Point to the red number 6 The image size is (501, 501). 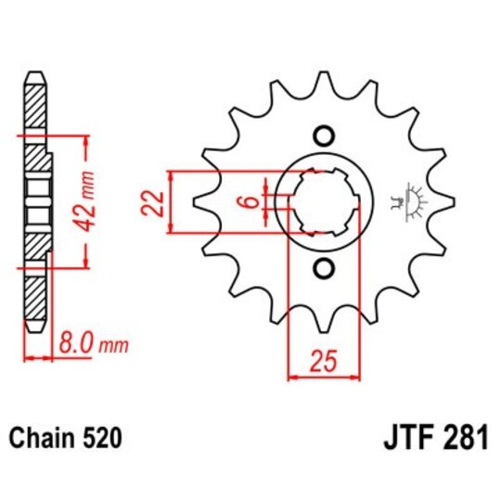click(x=250, y=201)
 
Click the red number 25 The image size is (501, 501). click(x=324, y=361)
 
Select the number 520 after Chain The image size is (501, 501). click(x=103, y=436)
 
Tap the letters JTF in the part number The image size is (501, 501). click(x=405, y=437)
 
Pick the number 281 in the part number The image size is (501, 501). click(x=463, y=437)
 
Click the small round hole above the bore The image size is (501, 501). click(x=323, y=135)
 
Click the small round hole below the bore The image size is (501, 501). click(x=323, y=269)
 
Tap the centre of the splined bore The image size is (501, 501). click(x=324, y=201)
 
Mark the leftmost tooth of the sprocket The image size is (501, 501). click(x=202, y=201)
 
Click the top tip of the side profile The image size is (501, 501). click(x=34, y=73)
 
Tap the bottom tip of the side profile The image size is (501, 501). click(x=34, y=329)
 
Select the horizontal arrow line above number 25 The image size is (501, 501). click(x=324, y=377)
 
